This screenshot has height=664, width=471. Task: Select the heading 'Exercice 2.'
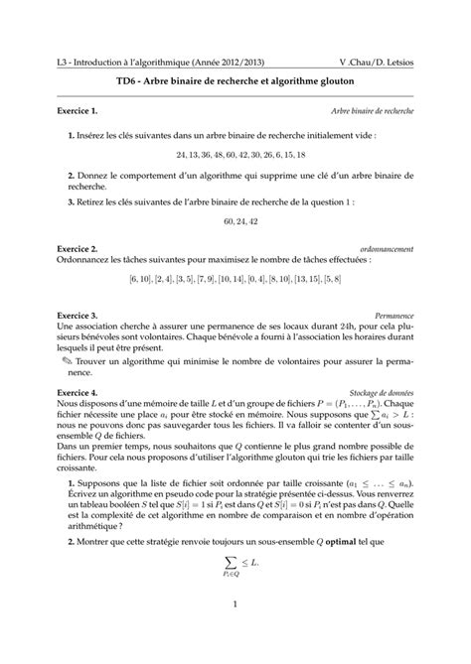pos(81,247)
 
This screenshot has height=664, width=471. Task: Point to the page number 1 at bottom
pos(235,631)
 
